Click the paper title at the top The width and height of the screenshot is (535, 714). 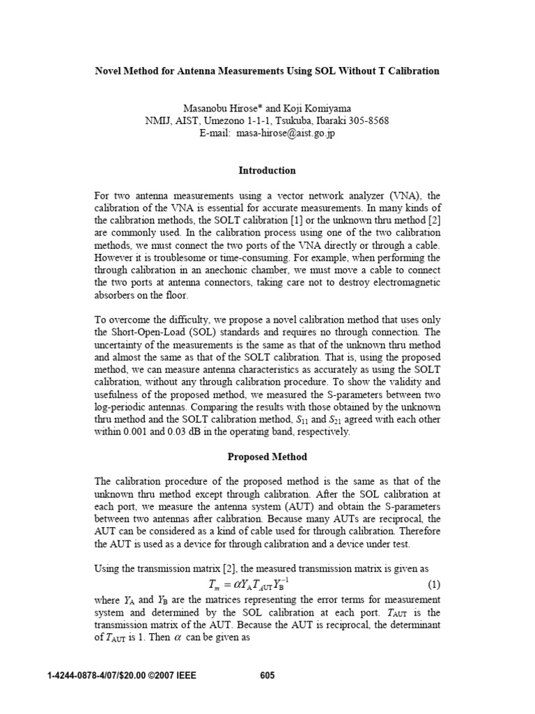tap(267, 70)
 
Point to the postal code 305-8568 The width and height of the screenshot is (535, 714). tap(366, 121)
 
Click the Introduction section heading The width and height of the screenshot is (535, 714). tap(267, 170)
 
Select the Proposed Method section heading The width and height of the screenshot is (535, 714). tap(267, 457)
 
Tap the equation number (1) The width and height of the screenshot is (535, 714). tap(432, 583)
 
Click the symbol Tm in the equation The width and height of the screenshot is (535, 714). tap(208, 584)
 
